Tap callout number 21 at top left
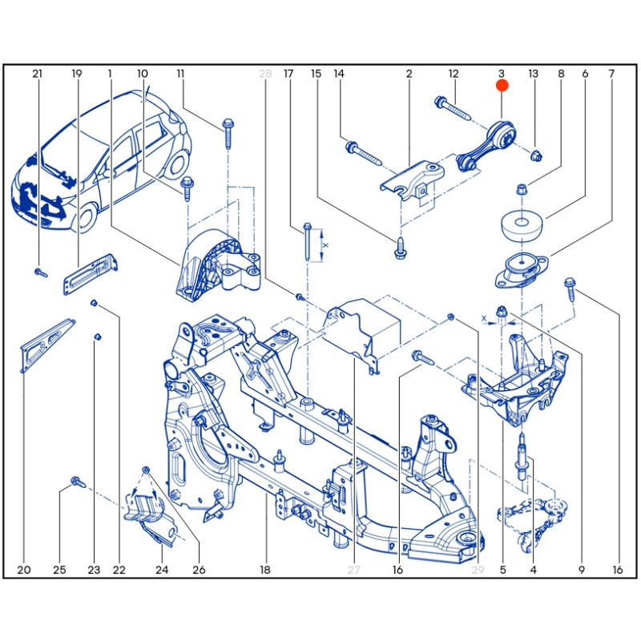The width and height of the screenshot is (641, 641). [x=37, y=74]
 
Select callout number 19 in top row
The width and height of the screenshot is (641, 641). [x=77, y=74]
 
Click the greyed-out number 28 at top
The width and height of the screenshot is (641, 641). [x=266, y=74]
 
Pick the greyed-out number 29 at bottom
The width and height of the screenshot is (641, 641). [x=478, y=570]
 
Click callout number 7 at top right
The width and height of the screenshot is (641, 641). [x=611, y=74]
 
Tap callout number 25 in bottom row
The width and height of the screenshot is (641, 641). [x=59, y=570]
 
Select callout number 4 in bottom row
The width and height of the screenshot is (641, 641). [x=532, y=570]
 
